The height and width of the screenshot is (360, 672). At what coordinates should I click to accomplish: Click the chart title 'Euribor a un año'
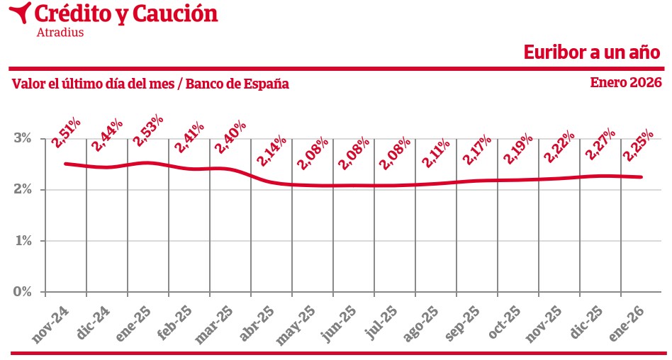(592, 52)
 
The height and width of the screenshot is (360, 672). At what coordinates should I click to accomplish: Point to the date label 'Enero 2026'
(626, 82)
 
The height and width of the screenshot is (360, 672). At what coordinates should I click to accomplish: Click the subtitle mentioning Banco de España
(150, 84)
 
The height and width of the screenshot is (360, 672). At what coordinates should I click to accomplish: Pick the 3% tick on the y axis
(23, 138)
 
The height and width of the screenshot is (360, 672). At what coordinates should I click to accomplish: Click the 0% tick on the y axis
(23, 291)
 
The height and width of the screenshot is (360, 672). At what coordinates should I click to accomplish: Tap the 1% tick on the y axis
(23, 241)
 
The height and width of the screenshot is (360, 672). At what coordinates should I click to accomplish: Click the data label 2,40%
(230, 137)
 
